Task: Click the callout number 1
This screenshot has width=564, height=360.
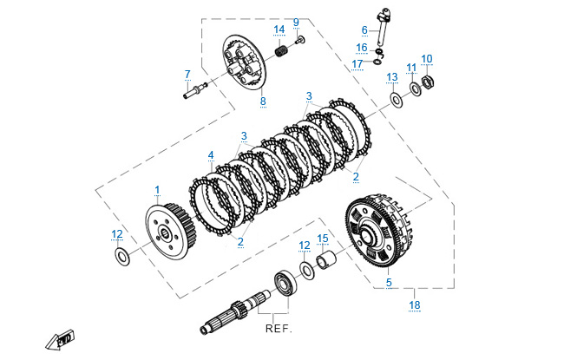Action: click(x=157, y=189)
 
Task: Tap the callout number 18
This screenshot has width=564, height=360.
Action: click(x=414, y=304)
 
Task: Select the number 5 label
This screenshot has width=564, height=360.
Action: click(x=389, y=283)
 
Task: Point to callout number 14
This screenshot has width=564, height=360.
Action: click(x=279, y=29)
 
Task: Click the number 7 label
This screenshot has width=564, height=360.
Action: click(x=187, y=74)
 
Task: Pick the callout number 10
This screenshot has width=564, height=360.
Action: click(x=427, y=59)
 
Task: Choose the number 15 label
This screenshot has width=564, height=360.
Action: click(x=323, y=238)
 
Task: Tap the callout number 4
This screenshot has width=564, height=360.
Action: click(x=210, y=156)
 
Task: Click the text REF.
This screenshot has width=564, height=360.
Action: click(x=279, y=330)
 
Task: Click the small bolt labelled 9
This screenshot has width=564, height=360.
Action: click(x=300, y=40)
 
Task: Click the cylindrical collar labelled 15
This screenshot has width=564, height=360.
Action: click(x=327, y=261)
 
